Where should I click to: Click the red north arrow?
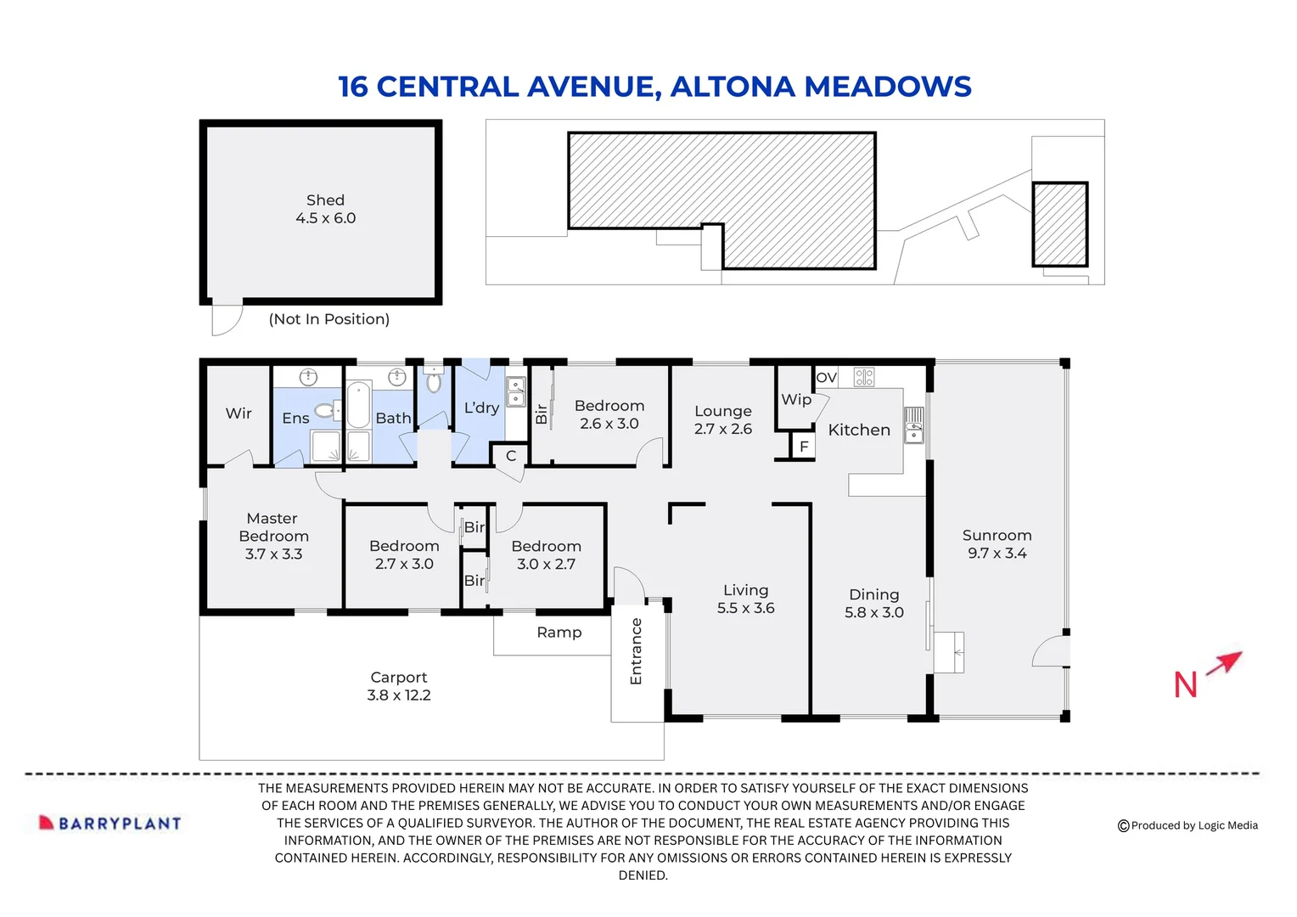point(1224,663)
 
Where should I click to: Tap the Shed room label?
point(325,209)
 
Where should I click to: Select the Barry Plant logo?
point(110,823)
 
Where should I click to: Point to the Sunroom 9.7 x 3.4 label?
point(997,544)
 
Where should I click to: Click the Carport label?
point(399,686)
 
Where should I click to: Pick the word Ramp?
point(559,633)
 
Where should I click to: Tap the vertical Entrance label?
point(636,651)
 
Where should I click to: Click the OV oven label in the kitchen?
point(826,378)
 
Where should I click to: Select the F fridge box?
point(803,447)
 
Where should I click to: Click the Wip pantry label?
point(796,399)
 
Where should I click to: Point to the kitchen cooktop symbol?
point(864,377)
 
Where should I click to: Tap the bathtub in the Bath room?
point(358,404)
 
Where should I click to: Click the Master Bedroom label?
point(273,536)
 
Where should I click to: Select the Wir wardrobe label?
point(239,413)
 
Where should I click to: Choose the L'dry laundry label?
point(481,408)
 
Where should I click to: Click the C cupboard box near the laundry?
point(511,456)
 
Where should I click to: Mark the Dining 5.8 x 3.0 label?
point(873,604)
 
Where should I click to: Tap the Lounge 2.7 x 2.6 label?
point(722,420)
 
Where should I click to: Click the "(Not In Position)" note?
point(329,319)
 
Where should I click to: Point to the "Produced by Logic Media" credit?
point(1188,825)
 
